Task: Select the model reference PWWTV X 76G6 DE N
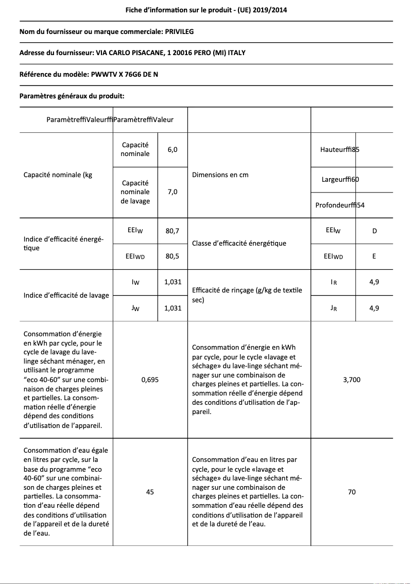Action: click(x=124, y=74)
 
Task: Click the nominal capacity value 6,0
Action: click(x=173, y=149)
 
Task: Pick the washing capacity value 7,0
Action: click(x=173, y=192)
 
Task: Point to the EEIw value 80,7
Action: click(x=173, y=231)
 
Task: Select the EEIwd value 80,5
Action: click(x=173, y=256)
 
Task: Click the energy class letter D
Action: click(x=374, y=231)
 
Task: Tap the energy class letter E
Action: click(x=374, y=256)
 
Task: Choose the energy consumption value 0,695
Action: click(x=150, y=380)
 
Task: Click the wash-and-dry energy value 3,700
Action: click(x=352, y=380)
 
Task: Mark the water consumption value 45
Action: click(x=150, y=492)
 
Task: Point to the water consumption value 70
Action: click(x=352, y=492)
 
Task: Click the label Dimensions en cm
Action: click(x=220, y=175)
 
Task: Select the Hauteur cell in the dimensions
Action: click(x=339, y=149)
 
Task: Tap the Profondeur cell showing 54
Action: click(x=340, y=205)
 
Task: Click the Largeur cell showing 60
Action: click(x=340, y=179)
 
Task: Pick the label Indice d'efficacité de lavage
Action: click(x=66, y=295)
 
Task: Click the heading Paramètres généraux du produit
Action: click(x=72, y=96)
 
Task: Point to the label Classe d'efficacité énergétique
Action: click(x=239, y=243)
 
